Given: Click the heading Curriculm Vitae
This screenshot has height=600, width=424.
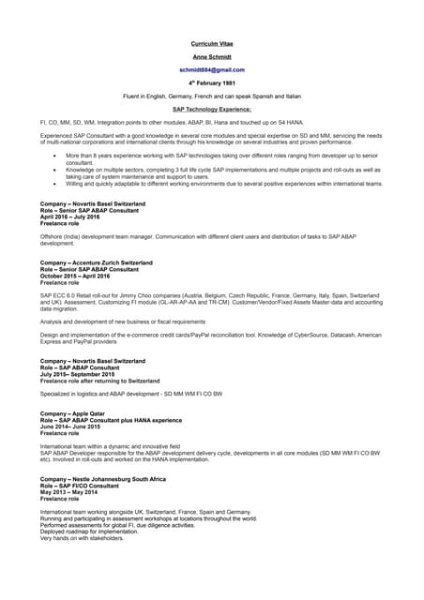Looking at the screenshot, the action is point(211,43).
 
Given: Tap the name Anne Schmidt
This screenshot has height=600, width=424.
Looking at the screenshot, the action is point(211,56).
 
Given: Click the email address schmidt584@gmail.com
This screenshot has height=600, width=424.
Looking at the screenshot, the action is point(212,69).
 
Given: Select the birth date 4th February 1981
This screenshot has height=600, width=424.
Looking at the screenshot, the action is point(211,82).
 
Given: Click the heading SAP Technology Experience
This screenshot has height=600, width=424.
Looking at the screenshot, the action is point(211,109).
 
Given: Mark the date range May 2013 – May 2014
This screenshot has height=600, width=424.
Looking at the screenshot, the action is point(69,492).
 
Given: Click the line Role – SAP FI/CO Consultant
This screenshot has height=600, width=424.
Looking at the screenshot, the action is point(80,486).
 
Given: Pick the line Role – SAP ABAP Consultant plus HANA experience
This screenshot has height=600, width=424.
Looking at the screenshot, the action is point(111,420).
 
